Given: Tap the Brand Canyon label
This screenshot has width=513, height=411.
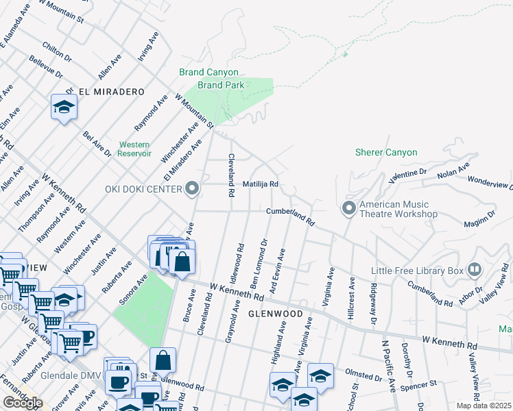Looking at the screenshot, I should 208,72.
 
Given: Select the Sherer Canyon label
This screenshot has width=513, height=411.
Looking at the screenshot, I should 385,152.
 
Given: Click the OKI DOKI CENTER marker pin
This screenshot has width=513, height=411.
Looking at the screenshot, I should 193,188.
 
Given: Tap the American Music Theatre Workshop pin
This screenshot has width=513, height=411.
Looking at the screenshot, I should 349,208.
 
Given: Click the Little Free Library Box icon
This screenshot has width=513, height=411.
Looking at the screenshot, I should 474,269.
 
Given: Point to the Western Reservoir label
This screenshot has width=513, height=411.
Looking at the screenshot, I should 134,149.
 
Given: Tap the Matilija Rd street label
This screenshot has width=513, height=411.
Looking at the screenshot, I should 261,184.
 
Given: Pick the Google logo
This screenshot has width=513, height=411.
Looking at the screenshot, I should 23,402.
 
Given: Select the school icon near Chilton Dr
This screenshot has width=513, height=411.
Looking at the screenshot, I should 64,108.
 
